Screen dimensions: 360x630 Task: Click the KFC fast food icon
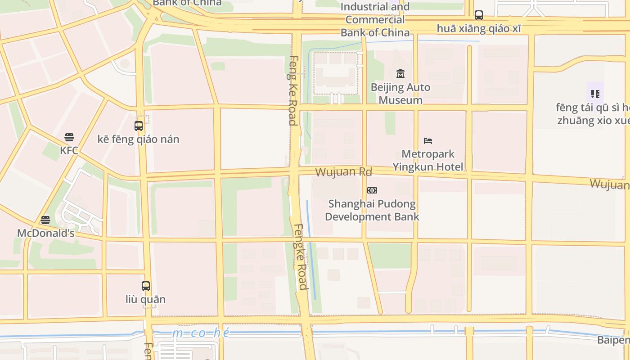click(69, 137)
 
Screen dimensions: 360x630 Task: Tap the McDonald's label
click(45, 233)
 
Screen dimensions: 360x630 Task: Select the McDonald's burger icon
click(45, 220)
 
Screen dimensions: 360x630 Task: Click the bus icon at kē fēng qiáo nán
click(139, 126)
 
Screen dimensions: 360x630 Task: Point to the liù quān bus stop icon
click(145, 286)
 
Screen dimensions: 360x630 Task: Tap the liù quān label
click(145, 299)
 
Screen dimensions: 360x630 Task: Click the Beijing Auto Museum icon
click(400, 73)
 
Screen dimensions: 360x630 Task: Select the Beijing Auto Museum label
click(400, 94)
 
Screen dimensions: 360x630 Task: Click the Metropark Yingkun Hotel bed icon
click(428, 141)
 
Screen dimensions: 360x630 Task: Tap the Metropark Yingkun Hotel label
click(427, 161)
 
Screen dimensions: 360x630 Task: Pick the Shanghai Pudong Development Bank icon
click(372, 190)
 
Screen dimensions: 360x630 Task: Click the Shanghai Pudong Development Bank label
click(372, 210)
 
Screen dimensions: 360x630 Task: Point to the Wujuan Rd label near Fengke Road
click(343, 172)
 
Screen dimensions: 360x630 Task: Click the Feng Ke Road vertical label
click(293, 90)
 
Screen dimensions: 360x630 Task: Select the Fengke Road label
click(301, 256)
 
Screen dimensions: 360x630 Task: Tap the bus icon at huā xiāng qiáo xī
click(479, 15)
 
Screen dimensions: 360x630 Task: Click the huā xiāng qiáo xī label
click(479, 28)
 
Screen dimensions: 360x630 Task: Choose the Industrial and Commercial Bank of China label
click(375, 20)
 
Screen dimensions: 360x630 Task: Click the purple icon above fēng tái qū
click(595, 94)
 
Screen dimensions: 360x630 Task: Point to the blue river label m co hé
click(201, 333)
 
